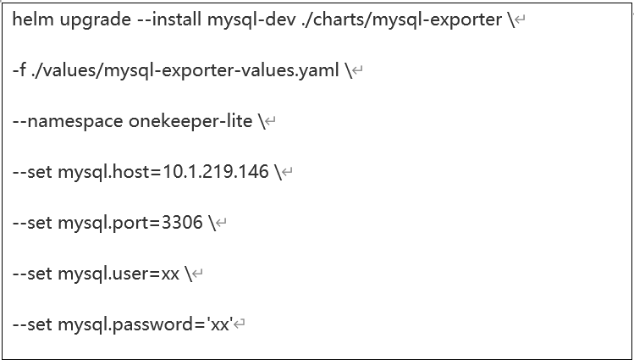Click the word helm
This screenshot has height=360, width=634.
pos(33,19)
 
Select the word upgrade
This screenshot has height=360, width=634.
pos(96,20)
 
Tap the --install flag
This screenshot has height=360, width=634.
pos(169,19)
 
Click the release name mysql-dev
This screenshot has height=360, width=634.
pos(251,20)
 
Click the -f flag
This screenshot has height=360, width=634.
pos(19,70)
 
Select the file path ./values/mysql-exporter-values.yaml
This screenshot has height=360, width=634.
pos(185,71)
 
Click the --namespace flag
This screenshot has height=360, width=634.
pos(68,122)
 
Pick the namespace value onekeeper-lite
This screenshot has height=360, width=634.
pos(190,121)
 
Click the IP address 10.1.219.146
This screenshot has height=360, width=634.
pos(215,172)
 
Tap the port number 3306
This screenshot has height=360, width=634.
pos(182,223)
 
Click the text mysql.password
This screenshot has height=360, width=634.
pos(126,324)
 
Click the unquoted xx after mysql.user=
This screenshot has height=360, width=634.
pos(170,275)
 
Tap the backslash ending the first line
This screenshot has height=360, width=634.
pos(511,19)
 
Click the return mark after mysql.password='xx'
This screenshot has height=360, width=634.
pos(240,324)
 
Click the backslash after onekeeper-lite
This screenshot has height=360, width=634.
pos(262,121)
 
